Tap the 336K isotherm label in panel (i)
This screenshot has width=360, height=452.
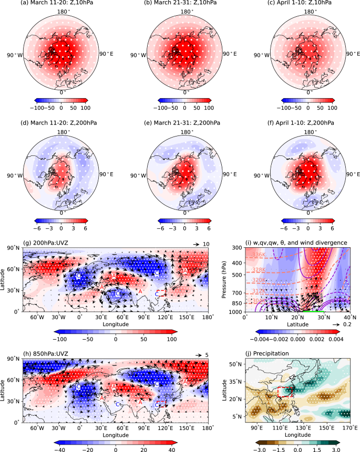[x=259, y=255]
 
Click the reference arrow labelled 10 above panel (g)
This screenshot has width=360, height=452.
[x=197, y=245]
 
